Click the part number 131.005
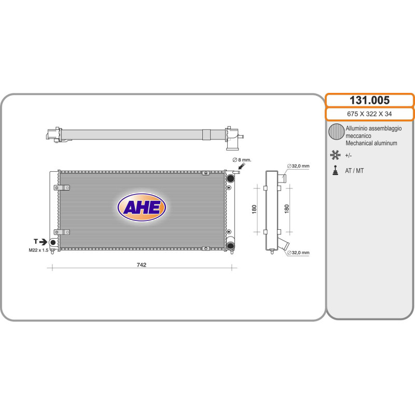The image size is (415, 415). tap(369, 100)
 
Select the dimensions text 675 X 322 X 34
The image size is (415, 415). tap(369, 114)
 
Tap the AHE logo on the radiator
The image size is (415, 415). tap(142, 207)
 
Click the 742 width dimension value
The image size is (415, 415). tap(141, 265)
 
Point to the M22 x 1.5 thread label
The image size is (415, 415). tap(38, 250)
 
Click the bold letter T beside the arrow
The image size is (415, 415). tap(36, 241)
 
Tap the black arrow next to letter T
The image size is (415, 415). tap(43, 242)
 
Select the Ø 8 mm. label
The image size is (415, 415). tap(242, 160)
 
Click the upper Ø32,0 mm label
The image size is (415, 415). tap(298, 166)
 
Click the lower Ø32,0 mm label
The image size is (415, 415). tap(298, 253)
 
